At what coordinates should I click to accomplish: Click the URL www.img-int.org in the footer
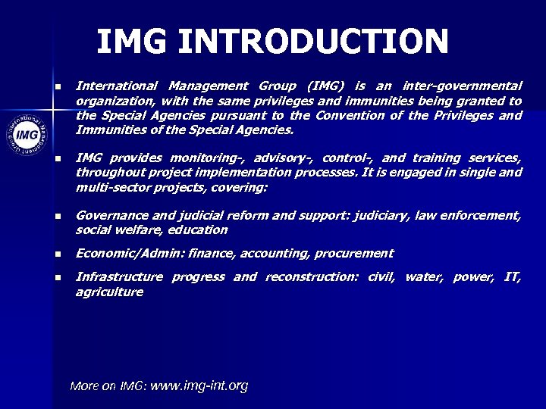click(199, 386)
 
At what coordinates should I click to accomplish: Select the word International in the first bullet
click(117, 86)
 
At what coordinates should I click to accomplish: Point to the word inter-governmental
click(463, 86)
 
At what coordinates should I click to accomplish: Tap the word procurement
click(357, 253)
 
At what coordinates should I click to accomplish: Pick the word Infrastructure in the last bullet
click(119, 276)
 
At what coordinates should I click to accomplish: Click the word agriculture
click(109, 292)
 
